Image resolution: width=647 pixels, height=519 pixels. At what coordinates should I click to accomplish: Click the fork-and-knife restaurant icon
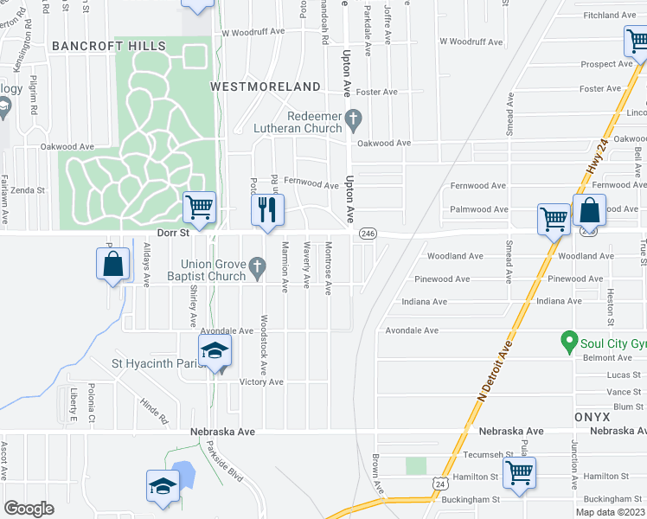coord(267,208)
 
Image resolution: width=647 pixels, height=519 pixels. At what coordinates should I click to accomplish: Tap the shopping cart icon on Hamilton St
coord(519,472)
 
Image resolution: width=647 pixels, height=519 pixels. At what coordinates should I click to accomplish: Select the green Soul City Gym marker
coord(568,341)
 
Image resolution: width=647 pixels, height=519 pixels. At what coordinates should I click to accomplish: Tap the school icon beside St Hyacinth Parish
coord(215,350)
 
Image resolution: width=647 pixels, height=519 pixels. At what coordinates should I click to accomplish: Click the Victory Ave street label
coord(261,381)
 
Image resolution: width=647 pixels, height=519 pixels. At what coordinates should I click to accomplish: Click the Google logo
coord(29,508)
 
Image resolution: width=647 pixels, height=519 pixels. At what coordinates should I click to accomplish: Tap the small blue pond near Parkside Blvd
coord(182,472)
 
